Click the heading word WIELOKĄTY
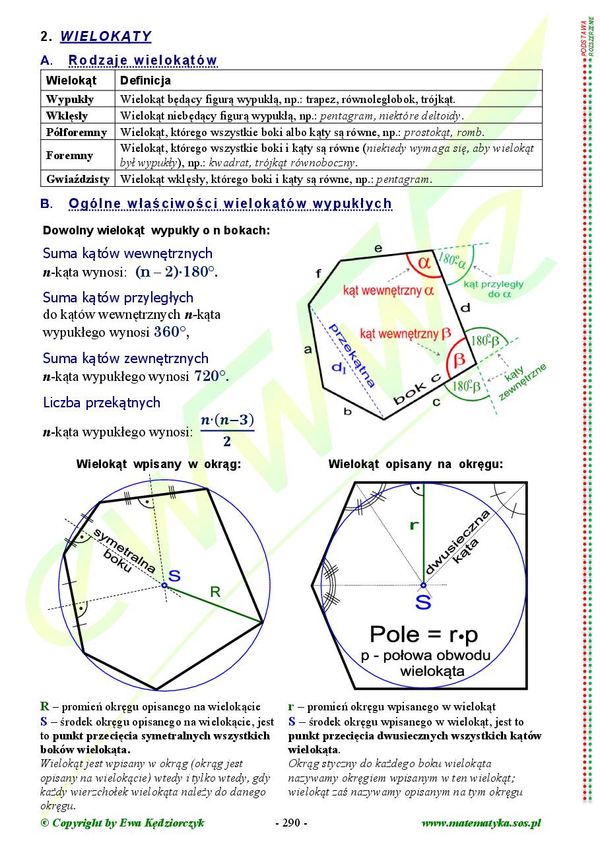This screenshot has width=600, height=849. coord(106,36)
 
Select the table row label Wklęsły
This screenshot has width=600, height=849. coord(67,116)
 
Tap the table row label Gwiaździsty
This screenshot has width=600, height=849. coord(78,179)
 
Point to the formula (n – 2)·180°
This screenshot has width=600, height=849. coord(176,272)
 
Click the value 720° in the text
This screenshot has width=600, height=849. coord(211,376)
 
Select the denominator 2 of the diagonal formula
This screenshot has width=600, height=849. coord(227,441)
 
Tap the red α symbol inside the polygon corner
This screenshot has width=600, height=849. coord(424,263)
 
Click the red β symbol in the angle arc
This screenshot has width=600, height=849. coord(459,359)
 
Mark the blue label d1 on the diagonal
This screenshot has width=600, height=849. coord(339,368)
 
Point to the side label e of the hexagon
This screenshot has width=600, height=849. coord(378,249)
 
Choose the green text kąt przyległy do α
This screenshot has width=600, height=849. coord(494,289)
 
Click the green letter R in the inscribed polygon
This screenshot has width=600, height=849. coord(215,592)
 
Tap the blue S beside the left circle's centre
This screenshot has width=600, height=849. coord(174,575)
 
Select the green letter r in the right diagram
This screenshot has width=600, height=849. coord(414,526)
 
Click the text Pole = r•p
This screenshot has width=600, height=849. coord(423,634)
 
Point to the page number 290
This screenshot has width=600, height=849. coord(291,823)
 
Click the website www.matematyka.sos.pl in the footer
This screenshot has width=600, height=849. coord(481,823)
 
